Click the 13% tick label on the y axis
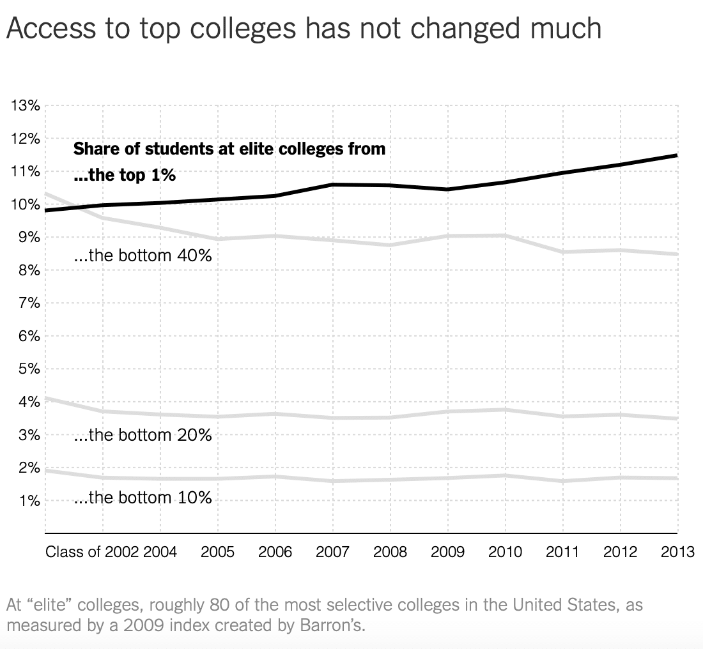point(26,106)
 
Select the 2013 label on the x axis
point(677,552)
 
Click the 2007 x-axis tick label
point(332,552)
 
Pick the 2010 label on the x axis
point(505,552)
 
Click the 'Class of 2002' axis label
point(92,552)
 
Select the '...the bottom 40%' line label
point(143,256)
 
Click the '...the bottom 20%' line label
point(143,436)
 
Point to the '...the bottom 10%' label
point(143,498)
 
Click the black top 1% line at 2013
point(676,155)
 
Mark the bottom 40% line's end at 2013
point(676,254)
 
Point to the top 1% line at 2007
point(333,185)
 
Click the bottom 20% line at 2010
point(505,409)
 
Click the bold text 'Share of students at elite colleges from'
point(229,149)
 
